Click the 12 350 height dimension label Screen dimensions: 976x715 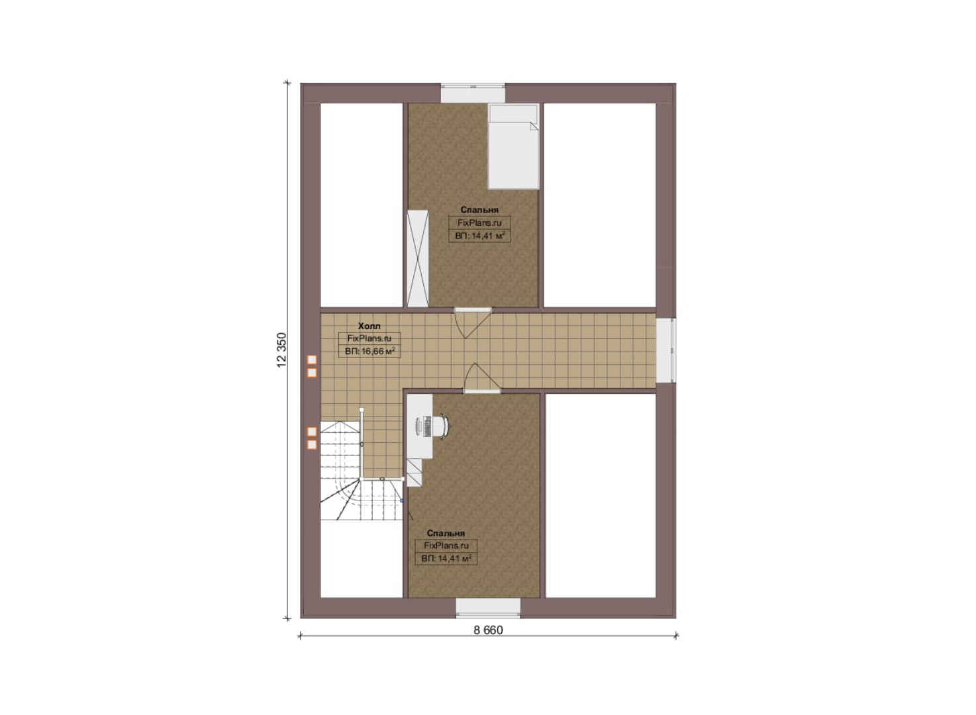tap(282, 350)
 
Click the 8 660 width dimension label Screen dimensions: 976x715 tap(488, 630)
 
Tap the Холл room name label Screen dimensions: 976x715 tap(369, 326)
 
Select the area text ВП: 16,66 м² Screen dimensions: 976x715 tap(370, 351)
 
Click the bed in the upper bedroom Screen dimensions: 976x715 tap(513, 146)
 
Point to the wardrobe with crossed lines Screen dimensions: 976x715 tap(418, 258)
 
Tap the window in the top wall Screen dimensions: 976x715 tap(473, 93)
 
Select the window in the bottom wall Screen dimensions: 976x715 tap(488, 608)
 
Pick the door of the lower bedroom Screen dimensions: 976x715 tap(481, 378)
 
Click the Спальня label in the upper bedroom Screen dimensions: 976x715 tap(479, 210)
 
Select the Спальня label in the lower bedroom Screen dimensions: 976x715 tap(446, 533)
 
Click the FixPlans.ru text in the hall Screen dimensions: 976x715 tap(369, 338)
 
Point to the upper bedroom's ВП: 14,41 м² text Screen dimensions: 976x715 tap(480, 236)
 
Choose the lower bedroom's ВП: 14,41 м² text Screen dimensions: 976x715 tap(446, 558)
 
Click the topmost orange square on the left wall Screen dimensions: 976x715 tap(312, 360)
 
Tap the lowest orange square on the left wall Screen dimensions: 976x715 tap(312, 445)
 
